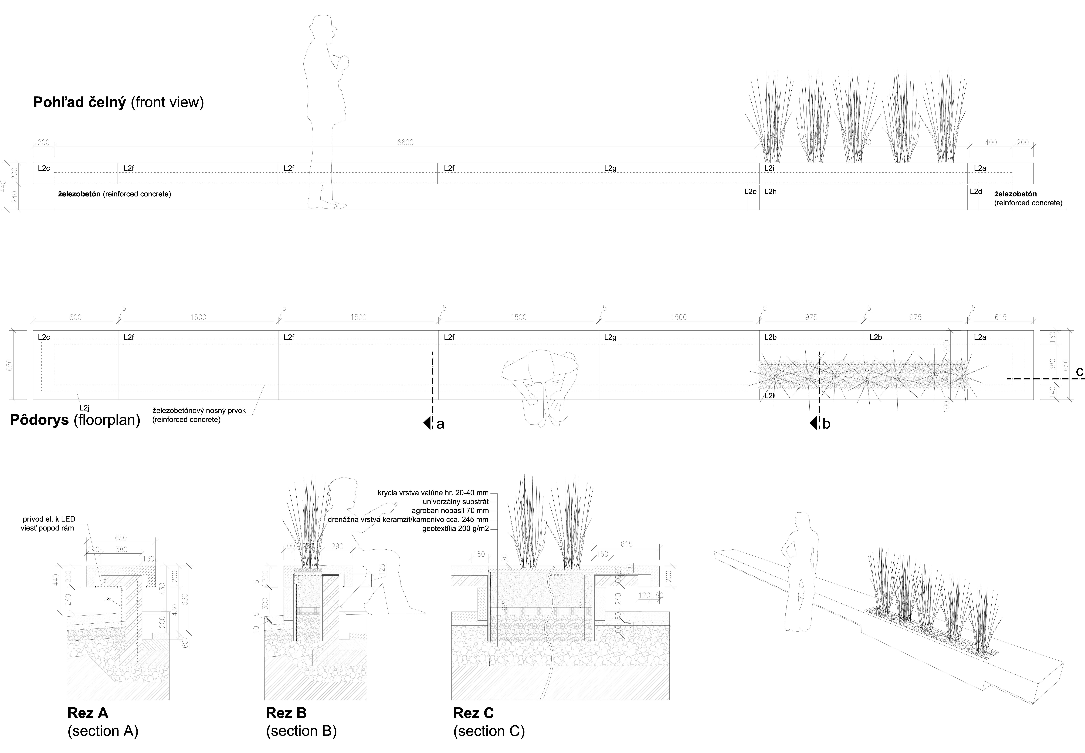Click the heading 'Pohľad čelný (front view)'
[118, 102]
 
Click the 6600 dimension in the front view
[405, 142]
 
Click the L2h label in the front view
[770, 192]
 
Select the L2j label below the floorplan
[85, 408]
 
